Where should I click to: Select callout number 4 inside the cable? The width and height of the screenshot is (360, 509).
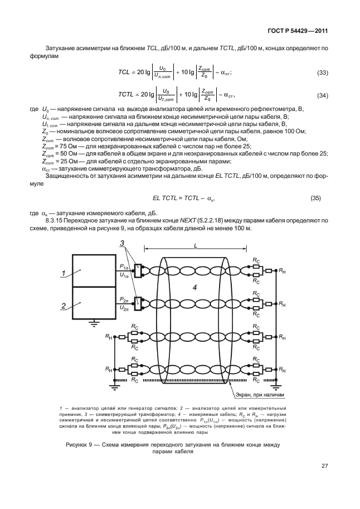194,287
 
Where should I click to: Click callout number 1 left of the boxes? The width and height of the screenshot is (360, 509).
64,274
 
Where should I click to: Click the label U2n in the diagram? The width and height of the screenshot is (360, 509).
124,307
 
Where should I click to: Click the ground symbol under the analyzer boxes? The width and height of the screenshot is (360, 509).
96,322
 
